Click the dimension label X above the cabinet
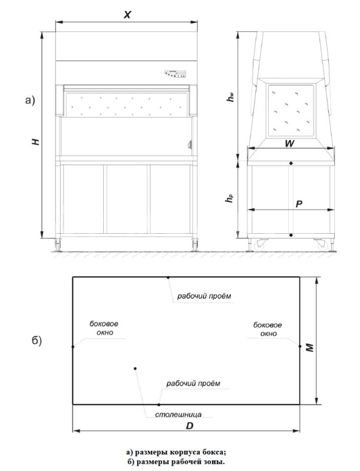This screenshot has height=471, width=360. click(127, 15)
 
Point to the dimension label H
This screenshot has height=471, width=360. click(36, 141)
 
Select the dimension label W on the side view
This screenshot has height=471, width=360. click(289, 144)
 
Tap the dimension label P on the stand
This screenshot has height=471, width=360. click(299, 204)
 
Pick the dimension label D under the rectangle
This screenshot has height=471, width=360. click(189, 426)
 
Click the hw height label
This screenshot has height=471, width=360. click(230, 97)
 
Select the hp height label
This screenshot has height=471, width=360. click(229, 198)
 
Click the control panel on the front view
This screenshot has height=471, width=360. click(175, 74)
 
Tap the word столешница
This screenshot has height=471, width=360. click(178, 414)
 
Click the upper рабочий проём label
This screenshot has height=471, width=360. click(204, 296)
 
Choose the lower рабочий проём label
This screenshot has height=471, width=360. click(193, 384)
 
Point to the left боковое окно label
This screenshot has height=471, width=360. click(104, 328)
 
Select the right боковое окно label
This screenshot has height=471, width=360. click(267, 329)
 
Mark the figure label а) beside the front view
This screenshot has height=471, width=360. click(30, 100)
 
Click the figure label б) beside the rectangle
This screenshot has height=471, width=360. click(37, 341)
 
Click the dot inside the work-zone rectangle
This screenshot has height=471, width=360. click(136, 369)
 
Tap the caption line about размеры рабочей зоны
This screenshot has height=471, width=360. click(176, 462)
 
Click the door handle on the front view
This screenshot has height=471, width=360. click(190, 145)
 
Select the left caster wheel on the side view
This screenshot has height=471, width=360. click(259, 244)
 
